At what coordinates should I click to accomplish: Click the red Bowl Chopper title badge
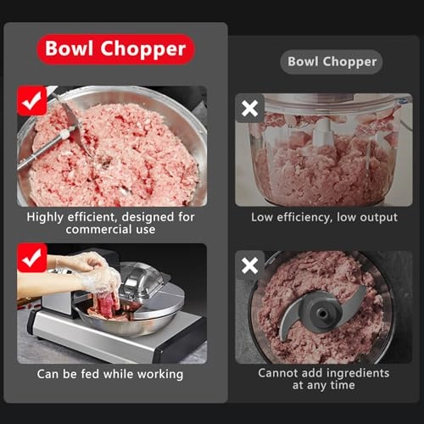(x=115, y=49)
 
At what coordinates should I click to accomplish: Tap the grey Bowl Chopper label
(x=332, y=61)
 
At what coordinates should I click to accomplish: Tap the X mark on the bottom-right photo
(x=250, y=265)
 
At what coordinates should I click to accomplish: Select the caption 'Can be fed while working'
(x=110, y=374)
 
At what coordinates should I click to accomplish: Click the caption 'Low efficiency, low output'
(x=324, y=217)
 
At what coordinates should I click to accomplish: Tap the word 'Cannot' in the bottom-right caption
(x=280, y=373)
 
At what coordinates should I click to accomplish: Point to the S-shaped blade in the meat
(x=322, y=313)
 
